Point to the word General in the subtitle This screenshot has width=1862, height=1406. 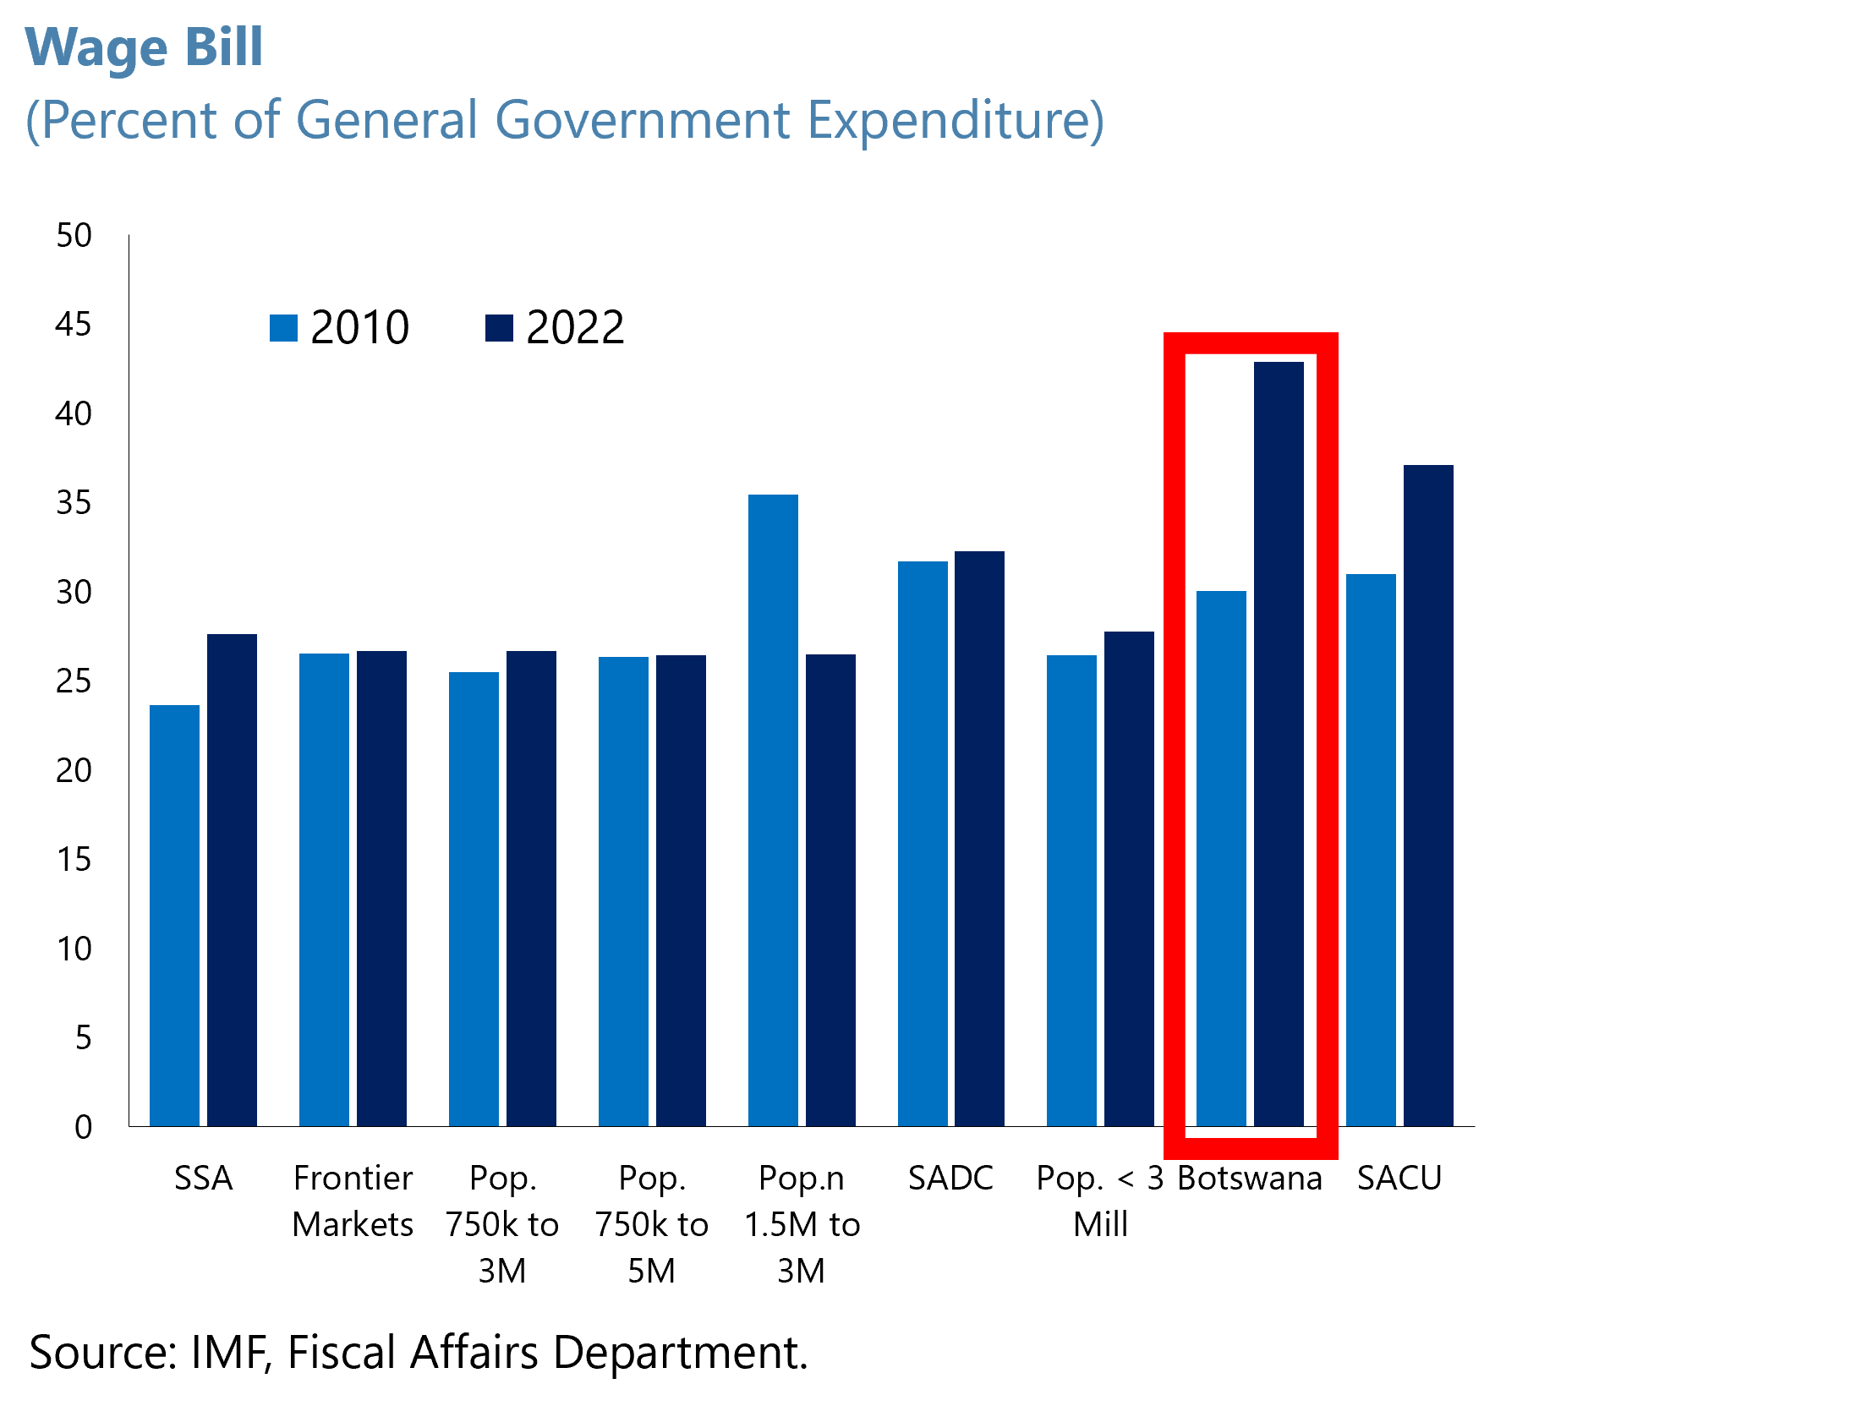click(x=388, y=120)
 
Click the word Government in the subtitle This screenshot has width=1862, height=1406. click(x=643, y=120)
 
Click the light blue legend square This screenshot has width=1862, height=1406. click(x=283, y=328)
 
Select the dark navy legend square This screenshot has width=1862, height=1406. click(x=499, y=328)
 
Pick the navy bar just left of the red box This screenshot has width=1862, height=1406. click(x=1129, y=878)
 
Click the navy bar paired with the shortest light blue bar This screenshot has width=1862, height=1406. click(x=232, y=879)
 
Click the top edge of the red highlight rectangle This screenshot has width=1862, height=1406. click(x=1251, y=343)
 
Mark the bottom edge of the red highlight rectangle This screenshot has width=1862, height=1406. click(x=1251, y=1148)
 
